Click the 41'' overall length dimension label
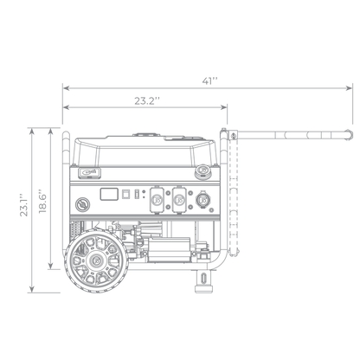(x=209, y=81)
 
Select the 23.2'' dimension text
(x=147, y=101)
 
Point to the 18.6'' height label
(x=42, y=201)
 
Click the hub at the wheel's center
(x=96, y=260)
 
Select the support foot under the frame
(x=204, y=281)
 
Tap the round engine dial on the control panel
(x=82, y=205)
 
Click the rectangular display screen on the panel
(x=109, y=194)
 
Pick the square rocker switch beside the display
(x=125, y=194)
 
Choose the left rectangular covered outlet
(x=157, y=200)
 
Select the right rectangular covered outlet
(x=179, y=200)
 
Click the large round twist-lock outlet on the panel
(x=203, y=200)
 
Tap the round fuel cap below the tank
(x=202, y=170)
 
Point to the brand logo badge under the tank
(x=89, y=172)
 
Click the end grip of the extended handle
(x=348, y=135)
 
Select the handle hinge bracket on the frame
(x=233, y=135)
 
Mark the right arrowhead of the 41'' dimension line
(x=350, y=88)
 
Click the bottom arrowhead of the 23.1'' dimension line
(x=32, y=289)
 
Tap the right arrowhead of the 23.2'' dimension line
(x=224, y=107)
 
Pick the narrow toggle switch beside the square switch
(x=137, y=194)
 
